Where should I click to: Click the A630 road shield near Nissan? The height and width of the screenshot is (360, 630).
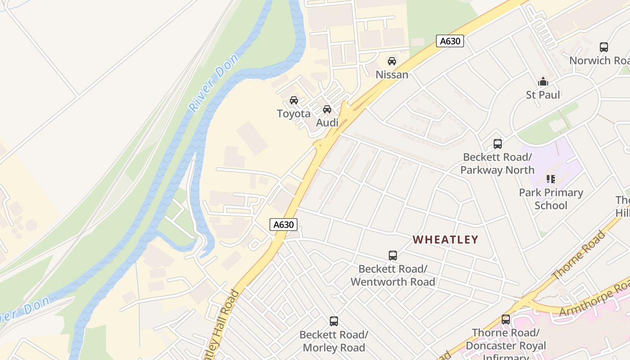tap(450, 41)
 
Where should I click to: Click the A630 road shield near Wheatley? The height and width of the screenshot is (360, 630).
tap(283, 224)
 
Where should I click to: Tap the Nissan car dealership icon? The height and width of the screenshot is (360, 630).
tap(392, 61)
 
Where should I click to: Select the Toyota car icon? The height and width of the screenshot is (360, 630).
tap(294, 100)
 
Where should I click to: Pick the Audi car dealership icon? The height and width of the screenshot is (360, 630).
tap(327, 109)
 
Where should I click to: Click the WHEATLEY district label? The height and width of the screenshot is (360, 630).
tap(445, 239)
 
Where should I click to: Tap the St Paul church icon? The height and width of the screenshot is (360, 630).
tap(543, 82)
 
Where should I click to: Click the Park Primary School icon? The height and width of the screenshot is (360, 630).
tap(551, 179)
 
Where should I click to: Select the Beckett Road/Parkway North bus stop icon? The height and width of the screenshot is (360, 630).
tap(498, 144)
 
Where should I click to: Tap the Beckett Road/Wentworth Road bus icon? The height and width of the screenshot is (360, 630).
tap(393, 256)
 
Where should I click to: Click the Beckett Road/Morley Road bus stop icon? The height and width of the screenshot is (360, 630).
tap(334, 321)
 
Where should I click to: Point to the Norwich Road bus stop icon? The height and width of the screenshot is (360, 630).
tap(604, 47)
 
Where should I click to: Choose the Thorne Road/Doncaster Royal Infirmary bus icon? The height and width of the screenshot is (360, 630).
tap(506, 319)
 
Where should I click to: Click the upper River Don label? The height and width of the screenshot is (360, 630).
tap(213, 83)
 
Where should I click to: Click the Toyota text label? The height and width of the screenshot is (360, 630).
tap(293, 113)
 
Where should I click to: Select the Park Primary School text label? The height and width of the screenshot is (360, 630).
tap(551, 199)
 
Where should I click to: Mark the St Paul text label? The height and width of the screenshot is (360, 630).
tap(543, 95)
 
